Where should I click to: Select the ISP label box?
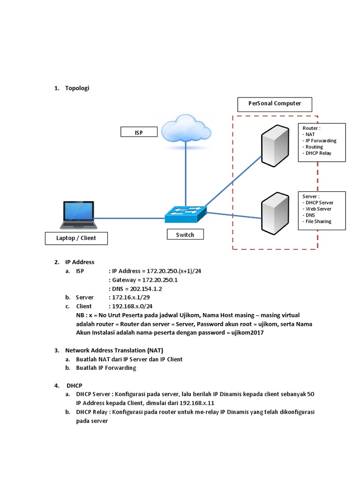(138, 133)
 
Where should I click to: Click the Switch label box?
(185, 234)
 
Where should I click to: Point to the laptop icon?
(79, 215)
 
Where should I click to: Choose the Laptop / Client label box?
(76, 238)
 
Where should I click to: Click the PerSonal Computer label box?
(274, 104)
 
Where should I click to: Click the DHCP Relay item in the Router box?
(318, 153)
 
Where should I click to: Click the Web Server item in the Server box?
(318, 209)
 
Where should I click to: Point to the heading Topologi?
(77, 88)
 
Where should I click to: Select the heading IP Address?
(80, 262)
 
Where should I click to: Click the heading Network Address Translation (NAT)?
(114, 350)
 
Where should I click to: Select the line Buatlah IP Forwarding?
(106, 368)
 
